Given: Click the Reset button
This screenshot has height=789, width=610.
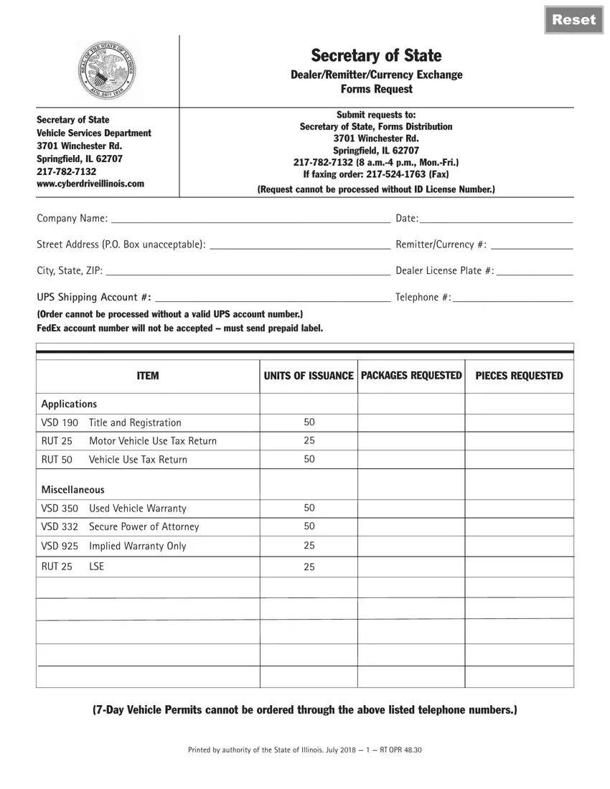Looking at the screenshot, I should [x=573, y=19].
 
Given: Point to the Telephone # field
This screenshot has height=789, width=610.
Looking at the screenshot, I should [x=512, y=297].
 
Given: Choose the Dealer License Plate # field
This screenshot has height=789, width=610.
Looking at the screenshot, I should [x=535, y=270].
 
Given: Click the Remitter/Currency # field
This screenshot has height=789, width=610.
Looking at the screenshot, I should [x=531, y=245].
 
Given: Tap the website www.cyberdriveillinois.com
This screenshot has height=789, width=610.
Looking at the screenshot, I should [x=90, y=184].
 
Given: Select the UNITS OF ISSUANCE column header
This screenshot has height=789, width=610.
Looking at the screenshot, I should [x=309, y=376].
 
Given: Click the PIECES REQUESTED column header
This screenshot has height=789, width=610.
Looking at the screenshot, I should [x=519, y=376].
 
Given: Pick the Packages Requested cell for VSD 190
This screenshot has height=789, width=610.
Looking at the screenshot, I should [x=411, y=422].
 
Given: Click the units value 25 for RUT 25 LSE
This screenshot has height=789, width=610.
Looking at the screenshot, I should [x=309, y=567].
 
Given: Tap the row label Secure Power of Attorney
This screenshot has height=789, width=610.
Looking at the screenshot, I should [x=144, y=526].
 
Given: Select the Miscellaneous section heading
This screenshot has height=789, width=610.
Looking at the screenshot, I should [x=72, y=489].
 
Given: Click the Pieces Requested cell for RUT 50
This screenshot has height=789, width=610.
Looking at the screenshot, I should [x=519, y=459].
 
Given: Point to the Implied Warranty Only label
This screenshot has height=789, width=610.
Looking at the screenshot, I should [x=137, y=546].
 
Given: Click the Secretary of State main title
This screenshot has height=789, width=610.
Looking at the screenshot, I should [x=376, y=55].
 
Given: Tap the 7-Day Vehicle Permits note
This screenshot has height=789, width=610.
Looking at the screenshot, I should [x=304, y=710].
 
